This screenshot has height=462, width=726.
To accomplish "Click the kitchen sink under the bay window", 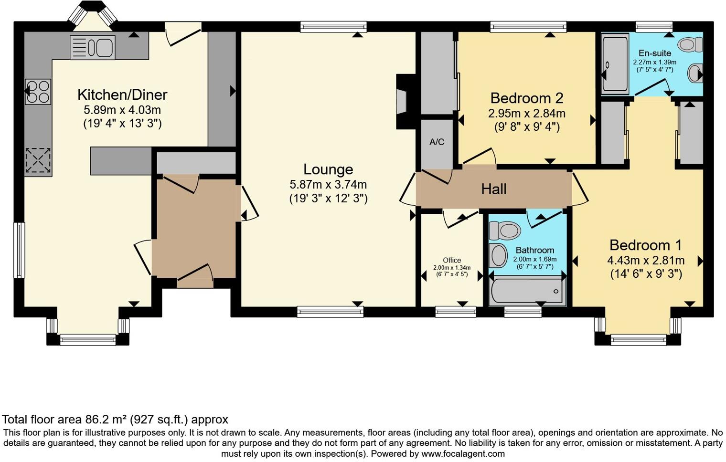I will (x=92, y=47).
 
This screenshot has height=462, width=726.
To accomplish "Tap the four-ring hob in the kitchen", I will (x=38, y=92).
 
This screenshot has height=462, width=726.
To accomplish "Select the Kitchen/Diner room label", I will (x=122, y=94).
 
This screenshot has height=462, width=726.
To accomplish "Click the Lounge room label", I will (x=328, y=169).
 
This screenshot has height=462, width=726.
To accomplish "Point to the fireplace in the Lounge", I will (x=402, y=101).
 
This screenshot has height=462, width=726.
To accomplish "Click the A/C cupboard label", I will (x=437, y=142).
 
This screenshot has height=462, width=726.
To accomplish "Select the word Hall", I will (x=493, y=189).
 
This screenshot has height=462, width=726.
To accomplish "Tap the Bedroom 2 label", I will (x=526, y=98).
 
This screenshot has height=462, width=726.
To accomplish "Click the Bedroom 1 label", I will (x=645, y=245).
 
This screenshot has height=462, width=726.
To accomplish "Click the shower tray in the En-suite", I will (x=615, y=63).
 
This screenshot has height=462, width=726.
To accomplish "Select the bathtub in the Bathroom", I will (x=526, y=290).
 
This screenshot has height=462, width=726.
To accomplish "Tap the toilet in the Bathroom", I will (x=504, y=231).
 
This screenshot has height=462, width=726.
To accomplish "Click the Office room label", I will (x=451, y=260).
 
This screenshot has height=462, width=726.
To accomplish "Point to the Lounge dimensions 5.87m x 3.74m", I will (x=328, y=185).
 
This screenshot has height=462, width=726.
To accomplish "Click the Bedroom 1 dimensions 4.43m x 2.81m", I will (x=645, y=261).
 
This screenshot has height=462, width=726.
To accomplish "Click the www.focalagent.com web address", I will (x=463, y=453).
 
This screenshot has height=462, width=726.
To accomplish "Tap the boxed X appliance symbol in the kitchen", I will (x=38, y=160).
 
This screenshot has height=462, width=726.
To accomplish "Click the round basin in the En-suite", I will (x=694, y=74).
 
